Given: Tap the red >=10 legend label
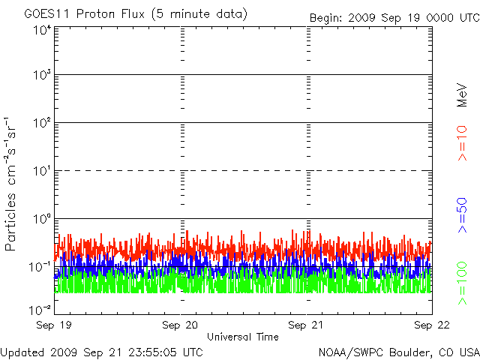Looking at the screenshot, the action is (462, 143).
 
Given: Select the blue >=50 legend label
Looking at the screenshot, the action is (462, 215).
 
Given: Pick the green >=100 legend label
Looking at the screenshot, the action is (462, 283).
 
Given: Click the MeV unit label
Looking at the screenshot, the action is (462, 95).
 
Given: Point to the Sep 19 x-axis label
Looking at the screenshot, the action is (54, 325).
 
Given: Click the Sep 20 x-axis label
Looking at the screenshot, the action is (180, 325).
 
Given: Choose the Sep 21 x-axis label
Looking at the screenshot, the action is (306, 325).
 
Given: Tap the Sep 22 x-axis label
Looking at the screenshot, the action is (432, 325).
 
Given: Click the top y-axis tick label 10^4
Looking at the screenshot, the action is (42, 31).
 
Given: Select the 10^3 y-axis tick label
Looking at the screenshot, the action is (42, 74).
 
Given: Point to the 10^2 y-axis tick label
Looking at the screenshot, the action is (42, 123).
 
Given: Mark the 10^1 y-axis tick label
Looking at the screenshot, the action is (42, 171).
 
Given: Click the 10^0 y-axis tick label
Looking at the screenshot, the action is (42, 219).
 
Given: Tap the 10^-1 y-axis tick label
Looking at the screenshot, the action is (40, 267).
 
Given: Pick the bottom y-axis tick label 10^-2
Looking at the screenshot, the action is (40, 310).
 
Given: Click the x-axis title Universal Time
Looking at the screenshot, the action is (243, 337).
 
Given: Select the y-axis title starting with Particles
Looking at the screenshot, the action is (10, 184).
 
